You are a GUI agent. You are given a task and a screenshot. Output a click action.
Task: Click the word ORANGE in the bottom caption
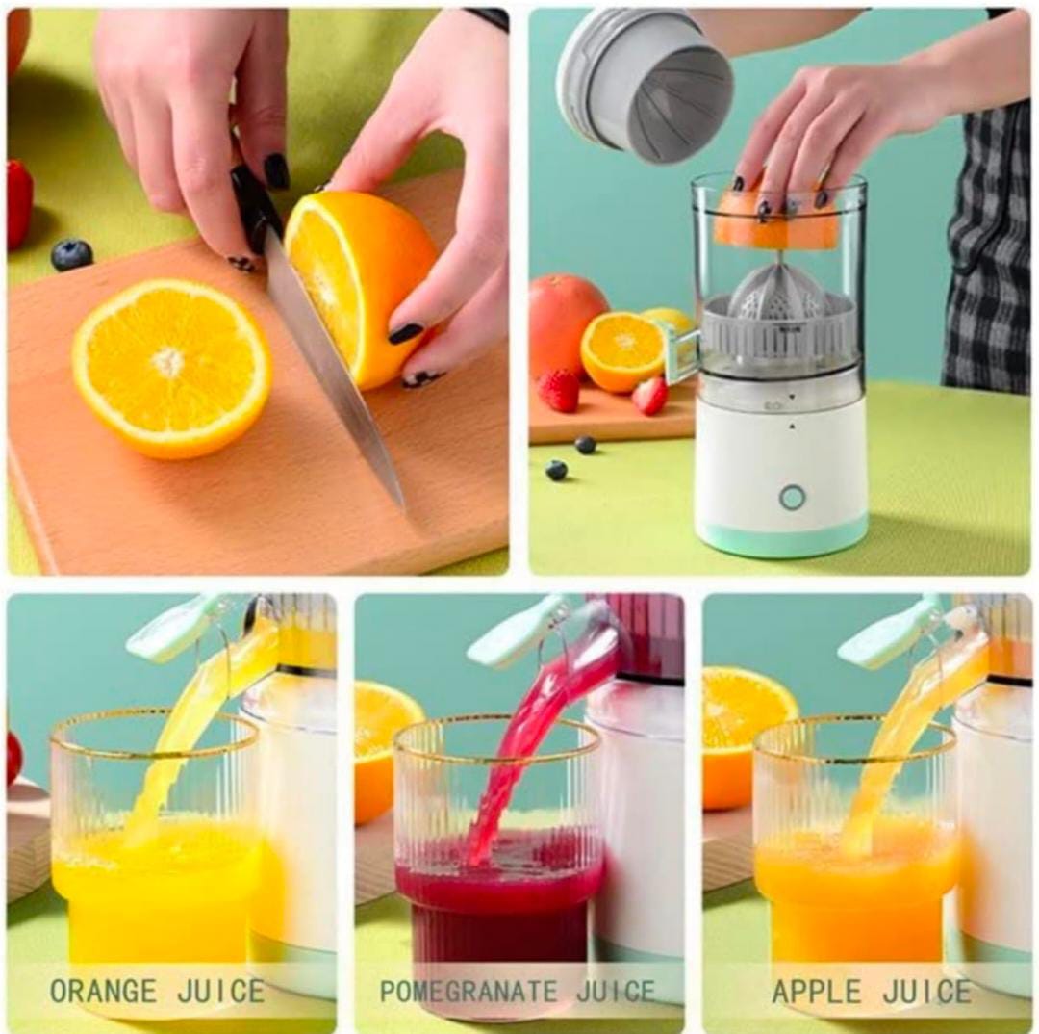point(102,991)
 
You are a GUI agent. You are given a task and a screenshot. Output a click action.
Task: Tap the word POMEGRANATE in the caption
point(469,991)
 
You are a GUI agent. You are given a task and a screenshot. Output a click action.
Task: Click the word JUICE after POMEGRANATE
point(616,991)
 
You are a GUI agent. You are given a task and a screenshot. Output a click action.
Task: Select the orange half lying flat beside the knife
point(171,366)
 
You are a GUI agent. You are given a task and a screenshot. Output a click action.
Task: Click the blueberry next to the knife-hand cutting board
point(72,254)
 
